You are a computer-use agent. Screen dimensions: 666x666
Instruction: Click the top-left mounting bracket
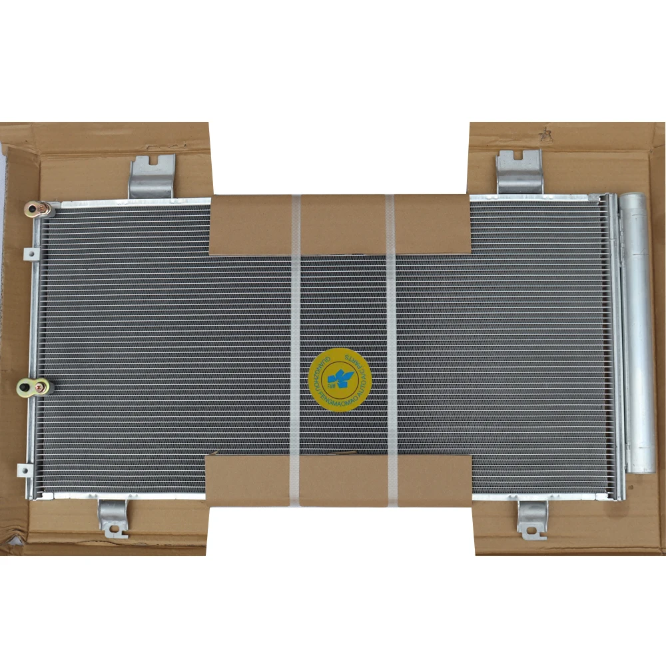pyautogui.click(x=151, y=176)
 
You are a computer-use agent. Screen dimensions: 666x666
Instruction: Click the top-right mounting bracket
pyautogui.click(x=519, y=172)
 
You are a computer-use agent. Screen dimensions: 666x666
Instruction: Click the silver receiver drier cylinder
pyautogui.click(x=638, y=333)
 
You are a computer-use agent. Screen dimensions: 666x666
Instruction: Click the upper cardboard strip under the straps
pyautogui.click(x=340, y=225)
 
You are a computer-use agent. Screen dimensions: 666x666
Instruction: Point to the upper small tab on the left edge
pyautogui.click(x=29, y=254)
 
